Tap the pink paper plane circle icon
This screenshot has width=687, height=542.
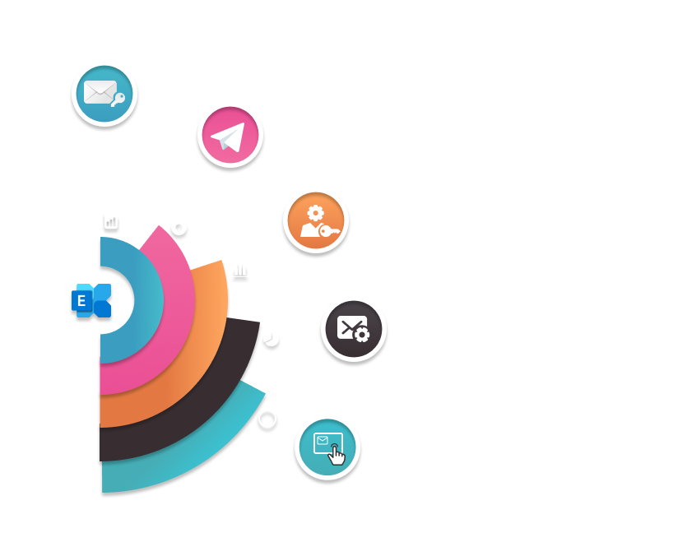230,137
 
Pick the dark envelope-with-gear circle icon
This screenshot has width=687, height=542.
353,329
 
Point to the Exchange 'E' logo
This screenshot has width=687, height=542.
91,300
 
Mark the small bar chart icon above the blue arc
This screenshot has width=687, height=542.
111,220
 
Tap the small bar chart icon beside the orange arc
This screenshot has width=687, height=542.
240,269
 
